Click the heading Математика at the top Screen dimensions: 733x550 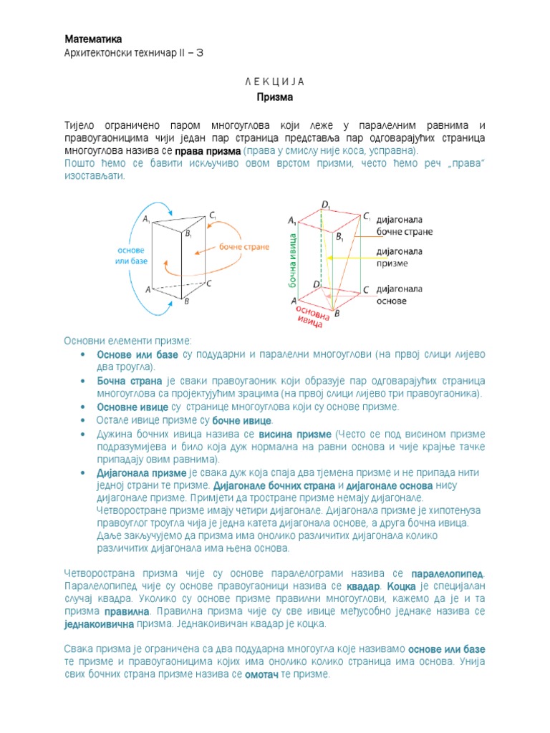[x=94, y=39]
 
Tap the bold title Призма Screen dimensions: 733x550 [x=275, y=95]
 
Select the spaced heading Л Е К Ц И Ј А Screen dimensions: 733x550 [x=275, y=81]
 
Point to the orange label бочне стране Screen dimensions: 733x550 [x=245, y=247]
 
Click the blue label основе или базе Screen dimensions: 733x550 [x=130, y=256]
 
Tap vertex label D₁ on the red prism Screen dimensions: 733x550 [x=326, y=205]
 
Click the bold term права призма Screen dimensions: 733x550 [x=208, y=152]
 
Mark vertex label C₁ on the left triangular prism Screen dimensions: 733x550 [x=213, y=216]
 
